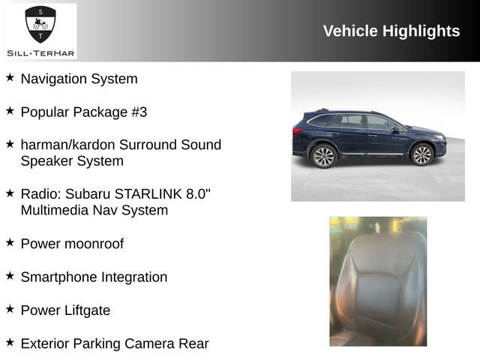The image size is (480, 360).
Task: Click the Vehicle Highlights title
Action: click(391, 31)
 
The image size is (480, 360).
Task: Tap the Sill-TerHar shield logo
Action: click(40, 25)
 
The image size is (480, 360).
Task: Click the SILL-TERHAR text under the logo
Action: click(40, 52)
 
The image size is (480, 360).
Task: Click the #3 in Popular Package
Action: click(139, 112)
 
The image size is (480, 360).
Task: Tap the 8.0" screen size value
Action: click(197, 193)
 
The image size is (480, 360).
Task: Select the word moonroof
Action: click(94, 244)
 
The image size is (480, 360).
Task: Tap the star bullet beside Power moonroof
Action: click(10, 242)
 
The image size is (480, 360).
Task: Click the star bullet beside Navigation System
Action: click(10, 77)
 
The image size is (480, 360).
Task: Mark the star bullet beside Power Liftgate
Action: click(10, 308)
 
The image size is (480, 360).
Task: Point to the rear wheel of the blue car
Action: click(323, 155)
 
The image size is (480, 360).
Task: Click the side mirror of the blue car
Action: click(395, 129)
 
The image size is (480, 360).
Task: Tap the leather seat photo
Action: click(378, 281)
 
